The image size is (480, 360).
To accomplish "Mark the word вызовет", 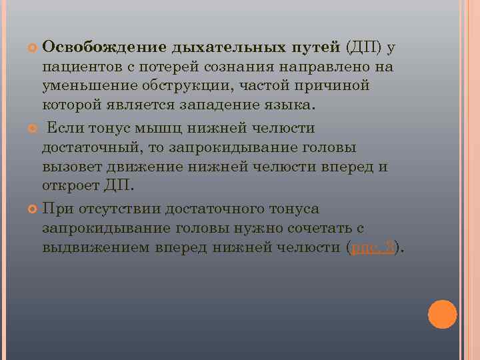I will [69, 167].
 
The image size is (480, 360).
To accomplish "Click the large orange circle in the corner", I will [442, 313].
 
